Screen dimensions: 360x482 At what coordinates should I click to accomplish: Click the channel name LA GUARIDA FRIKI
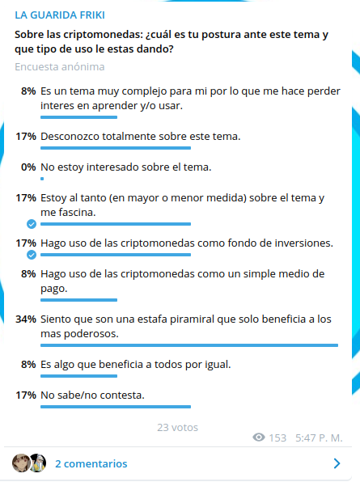pyautogui.click(x=60, y=15)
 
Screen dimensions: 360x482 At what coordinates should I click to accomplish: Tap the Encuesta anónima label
pyautogui.click(x=60, y=66)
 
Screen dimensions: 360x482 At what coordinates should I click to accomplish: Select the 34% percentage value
pyautogui.click(x=26, y=319)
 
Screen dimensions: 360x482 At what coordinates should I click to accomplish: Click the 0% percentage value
pyautogui.click(x=28, y=167)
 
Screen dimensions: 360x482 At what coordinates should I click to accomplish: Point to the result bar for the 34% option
pyautogui.click(x=189, y=345)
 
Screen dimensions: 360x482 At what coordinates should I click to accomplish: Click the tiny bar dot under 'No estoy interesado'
pyautogui.click(x=42, y=179)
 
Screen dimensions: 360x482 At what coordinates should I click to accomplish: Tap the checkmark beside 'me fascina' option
pyautogui.click(x=32, y=224)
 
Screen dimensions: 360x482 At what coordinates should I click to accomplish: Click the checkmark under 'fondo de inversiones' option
pyautogui.click(x=32, y=255)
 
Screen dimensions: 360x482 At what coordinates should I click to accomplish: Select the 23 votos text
pyautogui.click(x=177, y=427)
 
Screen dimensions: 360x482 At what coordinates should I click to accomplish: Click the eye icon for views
pyautogui.click(x=259, y=438)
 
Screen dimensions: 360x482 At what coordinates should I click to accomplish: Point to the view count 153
pyautogui.click(x=277, y=438)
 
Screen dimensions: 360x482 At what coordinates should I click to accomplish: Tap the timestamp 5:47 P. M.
pyautogui.click(x=319, y=438)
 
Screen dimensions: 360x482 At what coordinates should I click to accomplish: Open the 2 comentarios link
pyautogui.click(x=91, y=463)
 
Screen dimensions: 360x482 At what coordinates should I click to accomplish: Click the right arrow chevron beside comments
pyautogui.click(x=337, y=463)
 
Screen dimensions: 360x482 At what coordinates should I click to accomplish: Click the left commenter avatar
pyautogui.click(x=21, y=463)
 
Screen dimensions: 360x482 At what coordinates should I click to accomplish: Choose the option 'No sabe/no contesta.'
pyautogui.click(x=92, y=395)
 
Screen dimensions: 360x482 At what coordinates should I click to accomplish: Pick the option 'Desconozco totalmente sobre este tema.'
pyautogui.click(x=141, y=136)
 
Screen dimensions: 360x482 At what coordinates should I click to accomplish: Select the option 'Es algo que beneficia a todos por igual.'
pyautogui.click(x=136, y=365)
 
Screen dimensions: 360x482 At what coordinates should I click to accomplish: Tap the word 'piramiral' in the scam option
pyautogui.click(x=192, y=319)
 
